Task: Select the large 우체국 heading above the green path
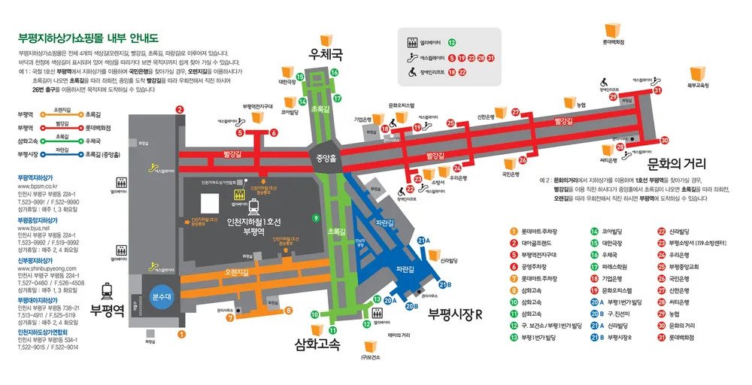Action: (x=326, y=56)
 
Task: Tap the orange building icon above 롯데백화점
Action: (x=612, y=29)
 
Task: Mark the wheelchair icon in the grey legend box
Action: (x=412, y=73)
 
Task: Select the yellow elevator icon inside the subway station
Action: (x=237, y=194)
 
